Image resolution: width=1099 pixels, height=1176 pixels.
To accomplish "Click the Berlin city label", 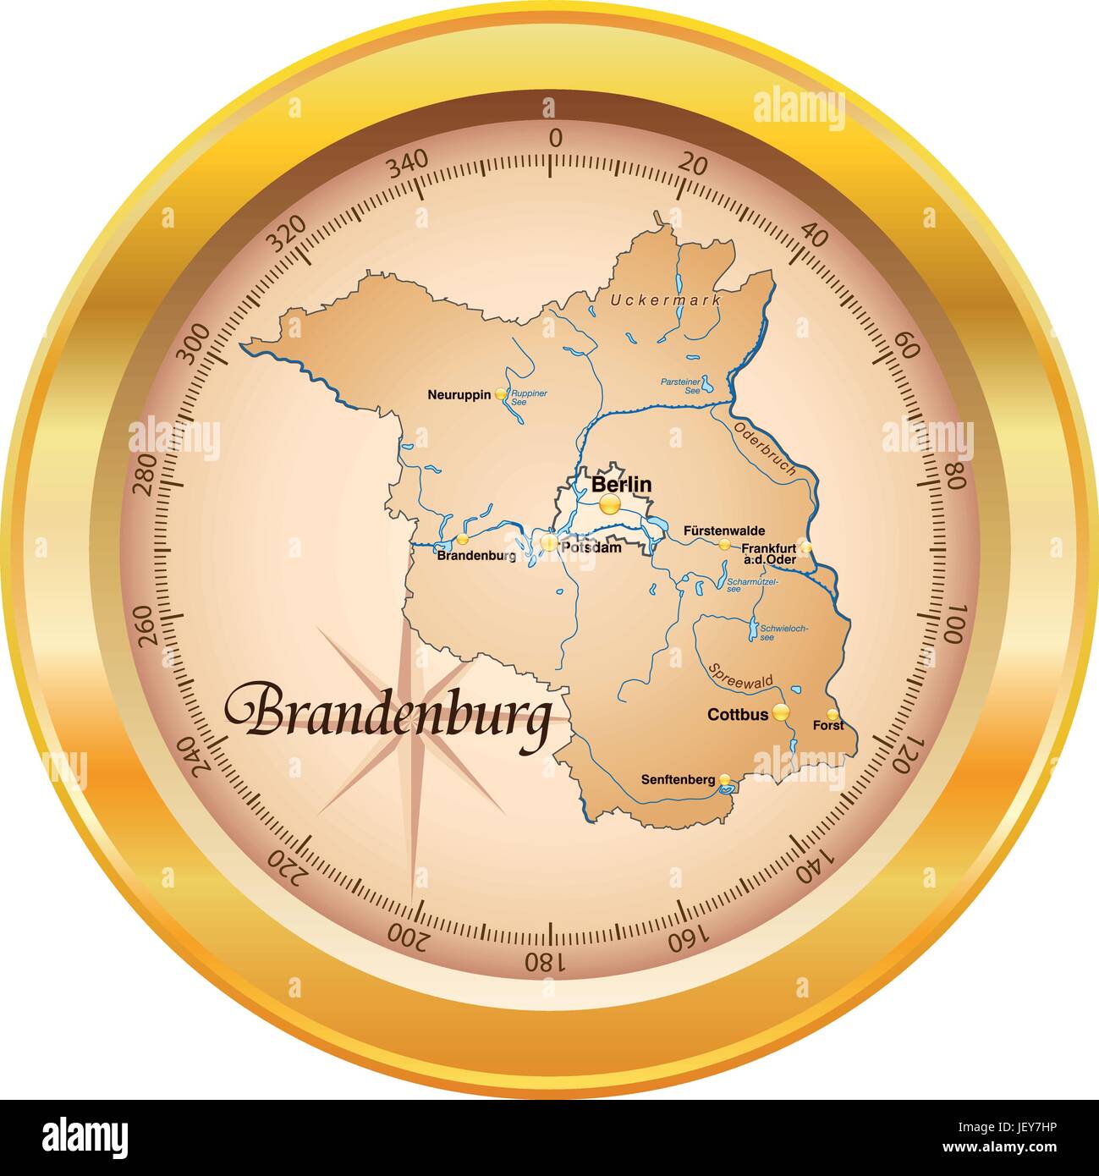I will pos(621,485).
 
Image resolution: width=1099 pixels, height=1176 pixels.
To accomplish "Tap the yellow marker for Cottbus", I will pos(781,712).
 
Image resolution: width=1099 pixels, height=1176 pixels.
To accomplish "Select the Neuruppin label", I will pos(459,394).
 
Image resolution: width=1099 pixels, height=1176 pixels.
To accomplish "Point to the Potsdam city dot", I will pos(549,543).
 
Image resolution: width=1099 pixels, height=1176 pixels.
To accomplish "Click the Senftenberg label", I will pos(678,779).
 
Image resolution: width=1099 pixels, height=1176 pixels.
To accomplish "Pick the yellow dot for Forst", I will pos(832,713).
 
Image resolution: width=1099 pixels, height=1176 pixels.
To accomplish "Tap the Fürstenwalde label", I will pos(723,530).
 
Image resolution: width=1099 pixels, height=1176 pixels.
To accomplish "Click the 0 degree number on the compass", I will pos(555,139).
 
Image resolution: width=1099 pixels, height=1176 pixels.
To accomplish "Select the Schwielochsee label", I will pos(784,632).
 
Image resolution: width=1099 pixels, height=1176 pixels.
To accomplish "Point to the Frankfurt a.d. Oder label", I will pos(768,552).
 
